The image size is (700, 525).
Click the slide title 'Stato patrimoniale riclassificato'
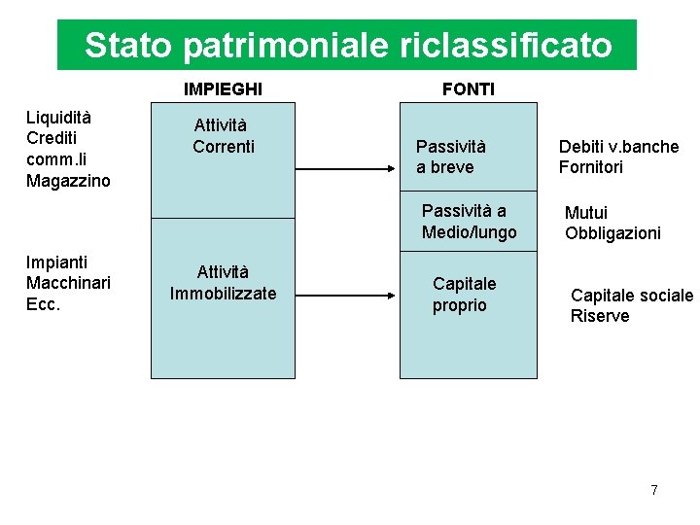tap(347, 46)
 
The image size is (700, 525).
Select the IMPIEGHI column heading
tap(223, 89)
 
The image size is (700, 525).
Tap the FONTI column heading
tap(468, 89)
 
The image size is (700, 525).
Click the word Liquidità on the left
tap(59, 118)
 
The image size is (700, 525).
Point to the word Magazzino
tap(68, 181)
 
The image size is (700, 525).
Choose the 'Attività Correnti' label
tap(223, 136)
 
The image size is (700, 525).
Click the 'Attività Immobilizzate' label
tap(223, 283)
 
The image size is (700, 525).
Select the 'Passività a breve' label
tap(450, 157)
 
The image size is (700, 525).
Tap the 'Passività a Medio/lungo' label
tap(469, 222)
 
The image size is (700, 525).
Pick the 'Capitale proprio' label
tap(464, 295)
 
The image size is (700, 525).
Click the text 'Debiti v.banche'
tap(618, 147)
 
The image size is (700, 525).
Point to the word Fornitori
tap(590, 167)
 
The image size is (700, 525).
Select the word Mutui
tap(586, 213)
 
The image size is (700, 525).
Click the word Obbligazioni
tap(612, 233)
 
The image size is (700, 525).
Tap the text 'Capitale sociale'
tap(631, 296)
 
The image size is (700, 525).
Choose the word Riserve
tap(600, 316)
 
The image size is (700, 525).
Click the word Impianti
tap(56, 262)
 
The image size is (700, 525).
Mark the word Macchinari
tap(68, 283)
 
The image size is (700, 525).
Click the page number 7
tap(654, 490)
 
